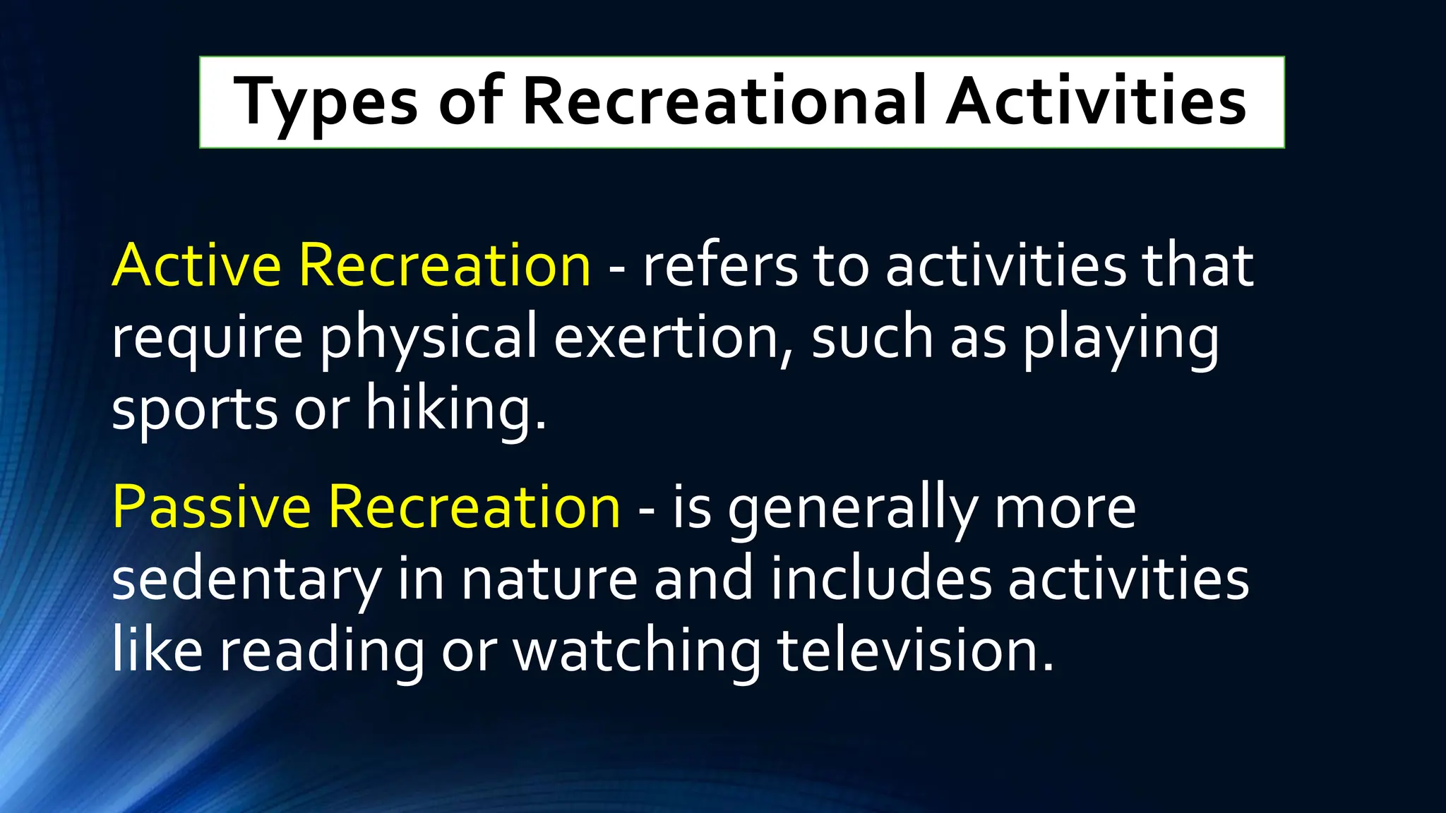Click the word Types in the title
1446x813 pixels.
click(325, 103)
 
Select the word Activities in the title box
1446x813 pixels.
click(1096, 102)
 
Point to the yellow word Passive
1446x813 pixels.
click(211, 507)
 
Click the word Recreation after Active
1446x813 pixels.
click(444, 265)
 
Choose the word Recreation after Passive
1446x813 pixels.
click(474, 507)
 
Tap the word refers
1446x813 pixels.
click(719, 265)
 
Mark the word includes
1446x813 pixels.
click(880, 579)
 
